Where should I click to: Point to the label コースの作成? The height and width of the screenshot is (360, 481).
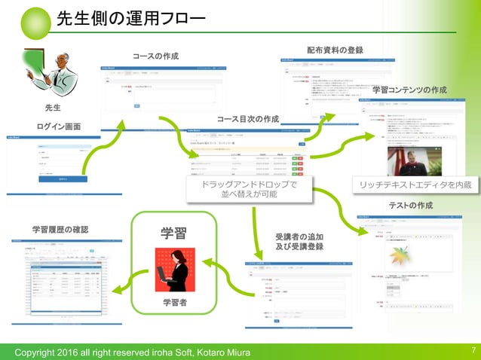pyautogui.click(x=155, y=56)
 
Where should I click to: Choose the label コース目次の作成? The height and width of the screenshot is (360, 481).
pyautogui.click(x=247, y=119)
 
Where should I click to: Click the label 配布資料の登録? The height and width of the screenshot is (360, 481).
pyautogui.click(x=335, y=50)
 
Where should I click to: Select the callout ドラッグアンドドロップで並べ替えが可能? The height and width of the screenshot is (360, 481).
pyautogui.click(x=249, y=189)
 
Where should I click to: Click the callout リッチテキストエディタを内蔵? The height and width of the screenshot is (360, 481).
pyautogui.click(x=415, y=185)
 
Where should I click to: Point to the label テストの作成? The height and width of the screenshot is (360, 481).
pyautogui.click(x=410, y=206)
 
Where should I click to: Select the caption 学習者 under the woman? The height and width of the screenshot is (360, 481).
pyautogui.click(x=174, y=302)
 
